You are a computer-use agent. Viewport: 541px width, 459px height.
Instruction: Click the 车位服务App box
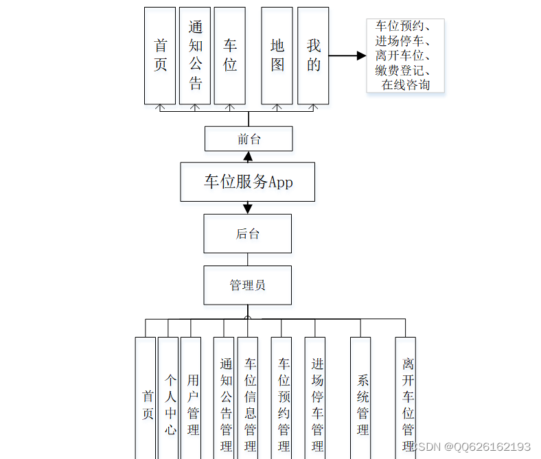point(247,182)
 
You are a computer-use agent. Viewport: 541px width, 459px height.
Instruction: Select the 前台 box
point(249,139)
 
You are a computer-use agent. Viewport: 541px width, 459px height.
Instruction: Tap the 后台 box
point(247,233)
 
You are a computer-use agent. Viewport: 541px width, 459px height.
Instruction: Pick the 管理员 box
point(247,285)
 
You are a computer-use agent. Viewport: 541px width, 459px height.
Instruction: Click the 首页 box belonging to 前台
point(160,56)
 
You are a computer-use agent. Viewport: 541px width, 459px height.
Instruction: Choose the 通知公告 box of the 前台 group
point(195,56)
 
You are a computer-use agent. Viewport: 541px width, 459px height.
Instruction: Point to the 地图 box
point(277,56)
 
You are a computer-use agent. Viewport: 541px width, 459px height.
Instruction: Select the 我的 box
point(313,56)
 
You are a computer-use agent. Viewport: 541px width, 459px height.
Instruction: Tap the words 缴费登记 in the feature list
point(402,70)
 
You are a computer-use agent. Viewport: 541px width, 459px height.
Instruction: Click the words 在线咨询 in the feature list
point(406,84)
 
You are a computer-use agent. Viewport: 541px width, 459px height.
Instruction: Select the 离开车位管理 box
point(406,398)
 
